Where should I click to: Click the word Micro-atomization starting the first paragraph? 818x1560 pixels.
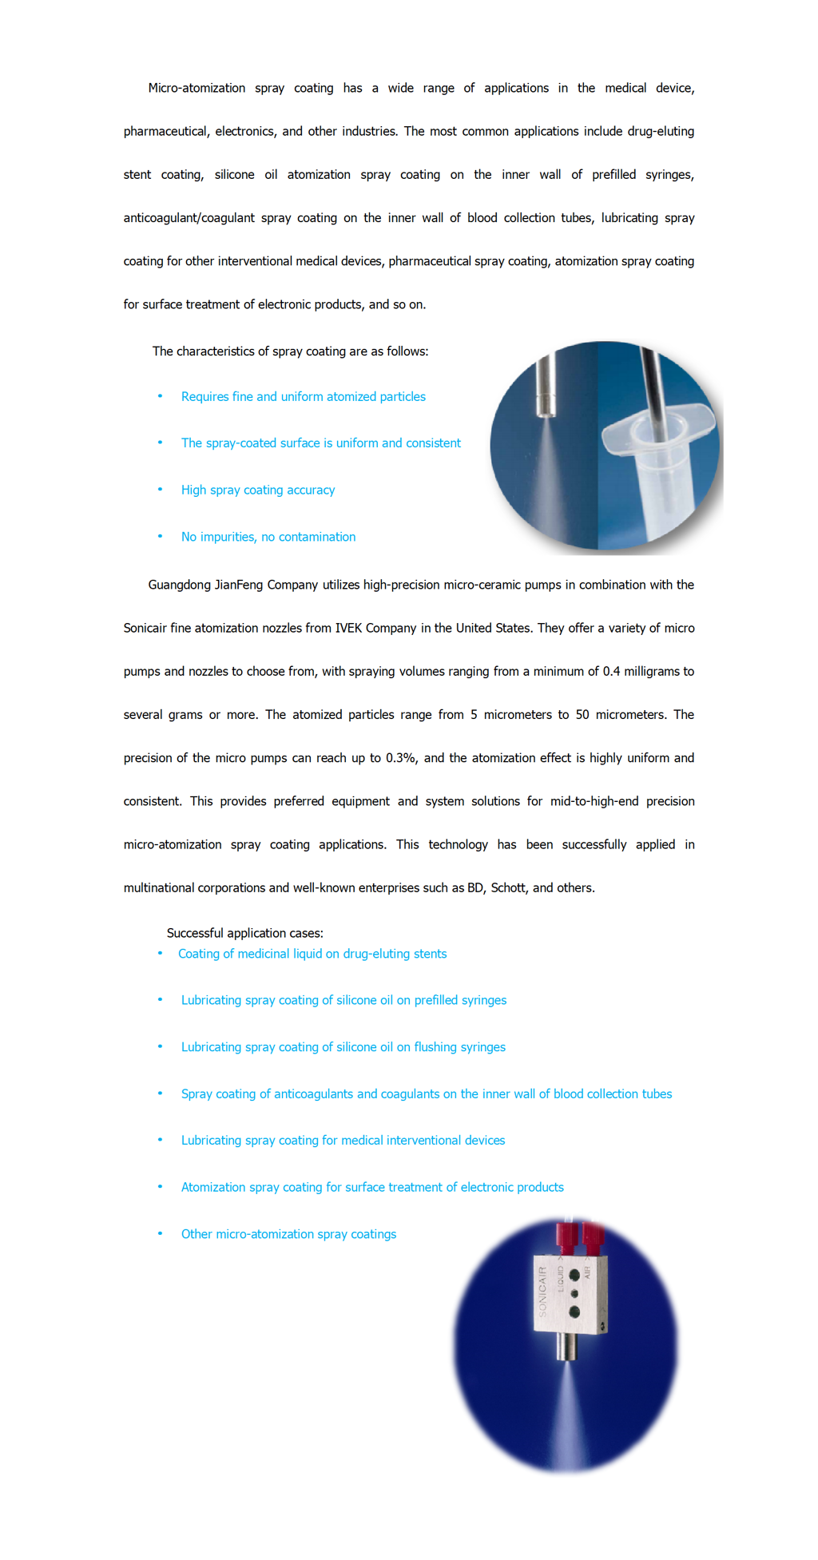(197, 88)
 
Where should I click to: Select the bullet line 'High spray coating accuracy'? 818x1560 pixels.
(257, 490)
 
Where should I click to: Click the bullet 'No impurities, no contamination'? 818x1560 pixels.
(268, 537)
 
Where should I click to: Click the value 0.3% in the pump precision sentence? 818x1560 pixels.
(400, 758)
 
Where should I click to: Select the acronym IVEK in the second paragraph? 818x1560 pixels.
(348, 628)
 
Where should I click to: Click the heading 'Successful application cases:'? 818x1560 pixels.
(244, 933)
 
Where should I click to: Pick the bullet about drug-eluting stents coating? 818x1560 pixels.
(312, 954)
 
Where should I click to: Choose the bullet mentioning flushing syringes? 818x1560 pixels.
(343, 1047)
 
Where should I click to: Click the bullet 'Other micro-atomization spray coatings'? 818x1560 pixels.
(288, 1234)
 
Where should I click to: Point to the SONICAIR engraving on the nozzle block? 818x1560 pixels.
(543, 1291)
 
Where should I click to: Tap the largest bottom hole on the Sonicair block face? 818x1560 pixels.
(574, 1312)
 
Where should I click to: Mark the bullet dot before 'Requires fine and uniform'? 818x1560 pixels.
(160, 396)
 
